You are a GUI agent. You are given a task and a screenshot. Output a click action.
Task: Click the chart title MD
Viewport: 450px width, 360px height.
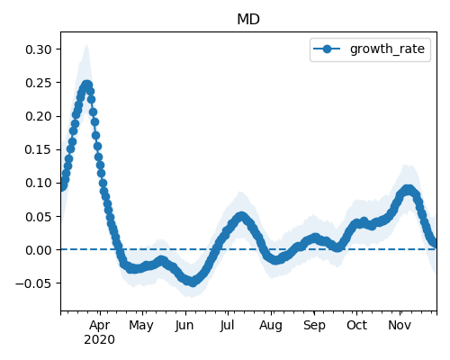coord(248,20)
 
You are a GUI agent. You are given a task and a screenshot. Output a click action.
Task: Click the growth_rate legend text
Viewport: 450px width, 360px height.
coord(387,49)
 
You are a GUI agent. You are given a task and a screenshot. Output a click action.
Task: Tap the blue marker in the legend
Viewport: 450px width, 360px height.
coord(327,49)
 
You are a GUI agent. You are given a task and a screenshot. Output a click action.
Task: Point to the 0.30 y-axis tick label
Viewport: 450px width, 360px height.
coord(39,49)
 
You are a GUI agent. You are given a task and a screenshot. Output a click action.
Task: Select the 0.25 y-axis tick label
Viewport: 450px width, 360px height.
coord(39,83)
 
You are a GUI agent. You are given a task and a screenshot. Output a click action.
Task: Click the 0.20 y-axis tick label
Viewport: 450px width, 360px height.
coord(39,116)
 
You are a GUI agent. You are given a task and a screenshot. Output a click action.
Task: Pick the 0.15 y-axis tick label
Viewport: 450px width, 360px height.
coord(39,149)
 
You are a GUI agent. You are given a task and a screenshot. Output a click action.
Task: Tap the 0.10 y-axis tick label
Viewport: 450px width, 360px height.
coord(39,183)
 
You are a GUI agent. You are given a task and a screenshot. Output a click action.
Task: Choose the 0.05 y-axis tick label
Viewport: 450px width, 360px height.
coord(39,216)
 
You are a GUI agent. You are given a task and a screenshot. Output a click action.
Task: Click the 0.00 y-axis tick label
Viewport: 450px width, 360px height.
coord(39,249)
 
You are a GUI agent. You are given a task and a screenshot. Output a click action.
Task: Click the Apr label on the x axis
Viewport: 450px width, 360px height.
coord(100,326)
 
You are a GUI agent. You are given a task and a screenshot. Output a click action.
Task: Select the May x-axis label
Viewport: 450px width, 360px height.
coord(141,326)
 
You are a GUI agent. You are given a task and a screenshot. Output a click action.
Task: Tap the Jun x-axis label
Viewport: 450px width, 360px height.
coord(184,326)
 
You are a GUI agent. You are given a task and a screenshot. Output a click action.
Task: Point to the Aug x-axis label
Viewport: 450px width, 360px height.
coord(271,326)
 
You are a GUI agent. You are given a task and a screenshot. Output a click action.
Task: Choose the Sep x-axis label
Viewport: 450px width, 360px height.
coord(314,326)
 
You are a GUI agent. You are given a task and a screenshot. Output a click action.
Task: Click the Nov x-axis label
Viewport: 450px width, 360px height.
coord(400,326)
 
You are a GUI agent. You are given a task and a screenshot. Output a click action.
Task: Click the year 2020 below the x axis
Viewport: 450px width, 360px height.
coord(99,340)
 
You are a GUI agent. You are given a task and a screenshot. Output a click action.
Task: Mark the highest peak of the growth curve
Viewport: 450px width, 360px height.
coord(86,85)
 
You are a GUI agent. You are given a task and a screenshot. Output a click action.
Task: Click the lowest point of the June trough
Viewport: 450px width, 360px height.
coord(193,282)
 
